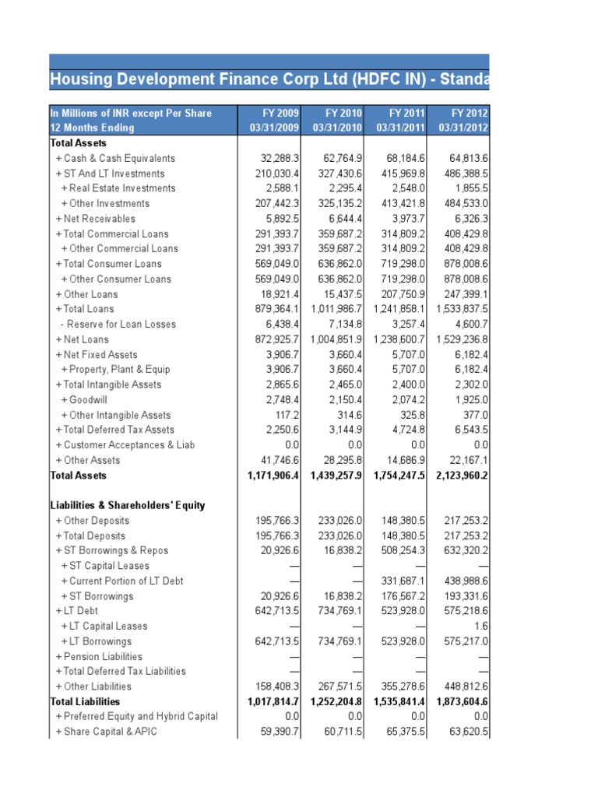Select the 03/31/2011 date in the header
399,128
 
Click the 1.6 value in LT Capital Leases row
480,626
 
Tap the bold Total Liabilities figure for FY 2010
337,701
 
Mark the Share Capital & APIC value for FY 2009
277,732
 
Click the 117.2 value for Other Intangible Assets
285,415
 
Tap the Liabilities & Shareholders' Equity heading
128,505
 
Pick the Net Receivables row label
95,219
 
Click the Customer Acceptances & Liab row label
125,445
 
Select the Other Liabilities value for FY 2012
463,686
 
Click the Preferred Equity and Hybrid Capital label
147,716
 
